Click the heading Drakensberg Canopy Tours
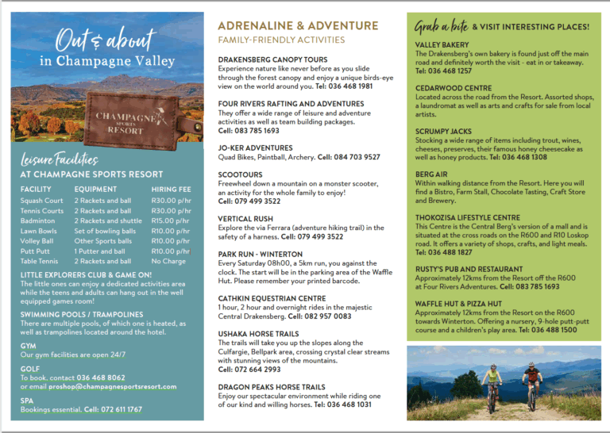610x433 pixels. [272, 59]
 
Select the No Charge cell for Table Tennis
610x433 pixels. [168, 261]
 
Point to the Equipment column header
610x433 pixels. [95, 190]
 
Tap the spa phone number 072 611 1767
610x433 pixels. [114, 409]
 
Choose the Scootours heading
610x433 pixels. [240, 174]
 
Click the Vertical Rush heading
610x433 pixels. [245, 219]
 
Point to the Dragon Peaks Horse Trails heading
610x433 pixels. [271, 387]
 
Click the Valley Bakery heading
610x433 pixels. [442, 45]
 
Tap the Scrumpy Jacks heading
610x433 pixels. [442, 131]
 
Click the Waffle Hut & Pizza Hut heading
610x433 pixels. [458, 304]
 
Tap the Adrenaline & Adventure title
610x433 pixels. [298, 26]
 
